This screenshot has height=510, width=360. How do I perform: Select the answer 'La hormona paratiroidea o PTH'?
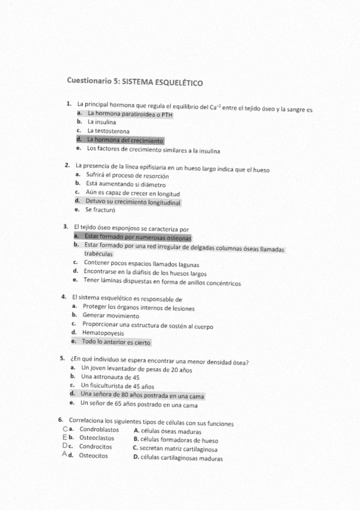pyautogui.click(x=126, y=113)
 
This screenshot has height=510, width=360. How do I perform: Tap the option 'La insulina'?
pyautogui.click(x=102, y=122)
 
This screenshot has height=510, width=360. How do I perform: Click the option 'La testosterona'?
pyautogui.click(x=108, y=131)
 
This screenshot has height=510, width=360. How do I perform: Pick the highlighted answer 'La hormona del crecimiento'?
pyautogui.click(x=125, y=140)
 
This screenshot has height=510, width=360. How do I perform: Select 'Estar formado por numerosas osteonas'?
pyautogui.click(x=138, y=237)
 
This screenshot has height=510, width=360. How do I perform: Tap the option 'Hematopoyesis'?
pyautogui.click(x=103, y=333)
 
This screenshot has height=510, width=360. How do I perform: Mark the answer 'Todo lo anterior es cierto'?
pyautogui.click(x=117, y=342)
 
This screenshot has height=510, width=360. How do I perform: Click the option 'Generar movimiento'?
pyautogui.click(x=111, y=315)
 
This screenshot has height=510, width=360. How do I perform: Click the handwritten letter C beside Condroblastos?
pyautogui.click(x=65, y=429)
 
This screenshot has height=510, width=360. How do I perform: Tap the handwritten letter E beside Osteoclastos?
pyautogui.click(x=65, y=437)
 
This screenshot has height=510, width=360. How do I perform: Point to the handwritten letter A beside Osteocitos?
pyautogui.click(x=65, y=455)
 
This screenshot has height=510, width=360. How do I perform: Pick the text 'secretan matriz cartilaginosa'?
pyautogui.click(x=178, y=449)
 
